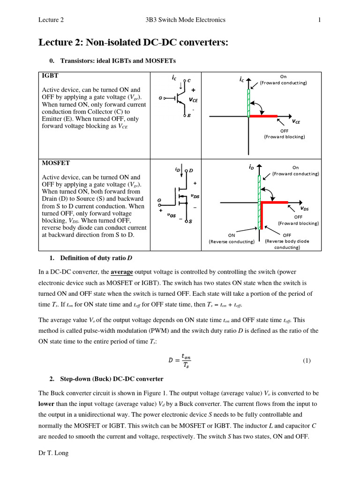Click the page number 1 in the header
319,20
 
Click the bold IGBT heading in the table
50,75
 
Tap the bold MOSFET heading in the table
56,163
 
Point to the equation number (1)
307,360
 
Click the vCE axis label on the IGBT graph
296,121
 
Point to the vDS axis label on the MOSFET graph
304,208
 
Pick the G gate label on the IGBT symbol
161,98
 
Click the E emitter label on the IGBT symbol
189,115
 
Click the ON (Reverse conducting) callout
232,239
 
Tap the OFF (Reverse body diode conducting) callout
287,241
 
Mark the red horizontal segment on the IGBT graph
263,115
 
